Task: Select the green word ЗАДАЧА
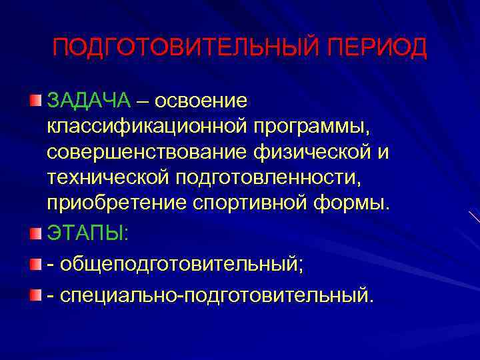click(x=89, y=101)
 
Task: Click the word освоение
click(x=201, y=101)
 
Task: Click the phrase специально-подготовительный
click(x=213, y=294)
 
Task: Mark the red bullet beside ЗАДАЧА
click(x=35, y=101)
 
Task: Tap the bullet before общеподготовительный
click(x=35, y=265)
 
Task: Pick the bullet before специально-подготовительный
click(x=35, y=294)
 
